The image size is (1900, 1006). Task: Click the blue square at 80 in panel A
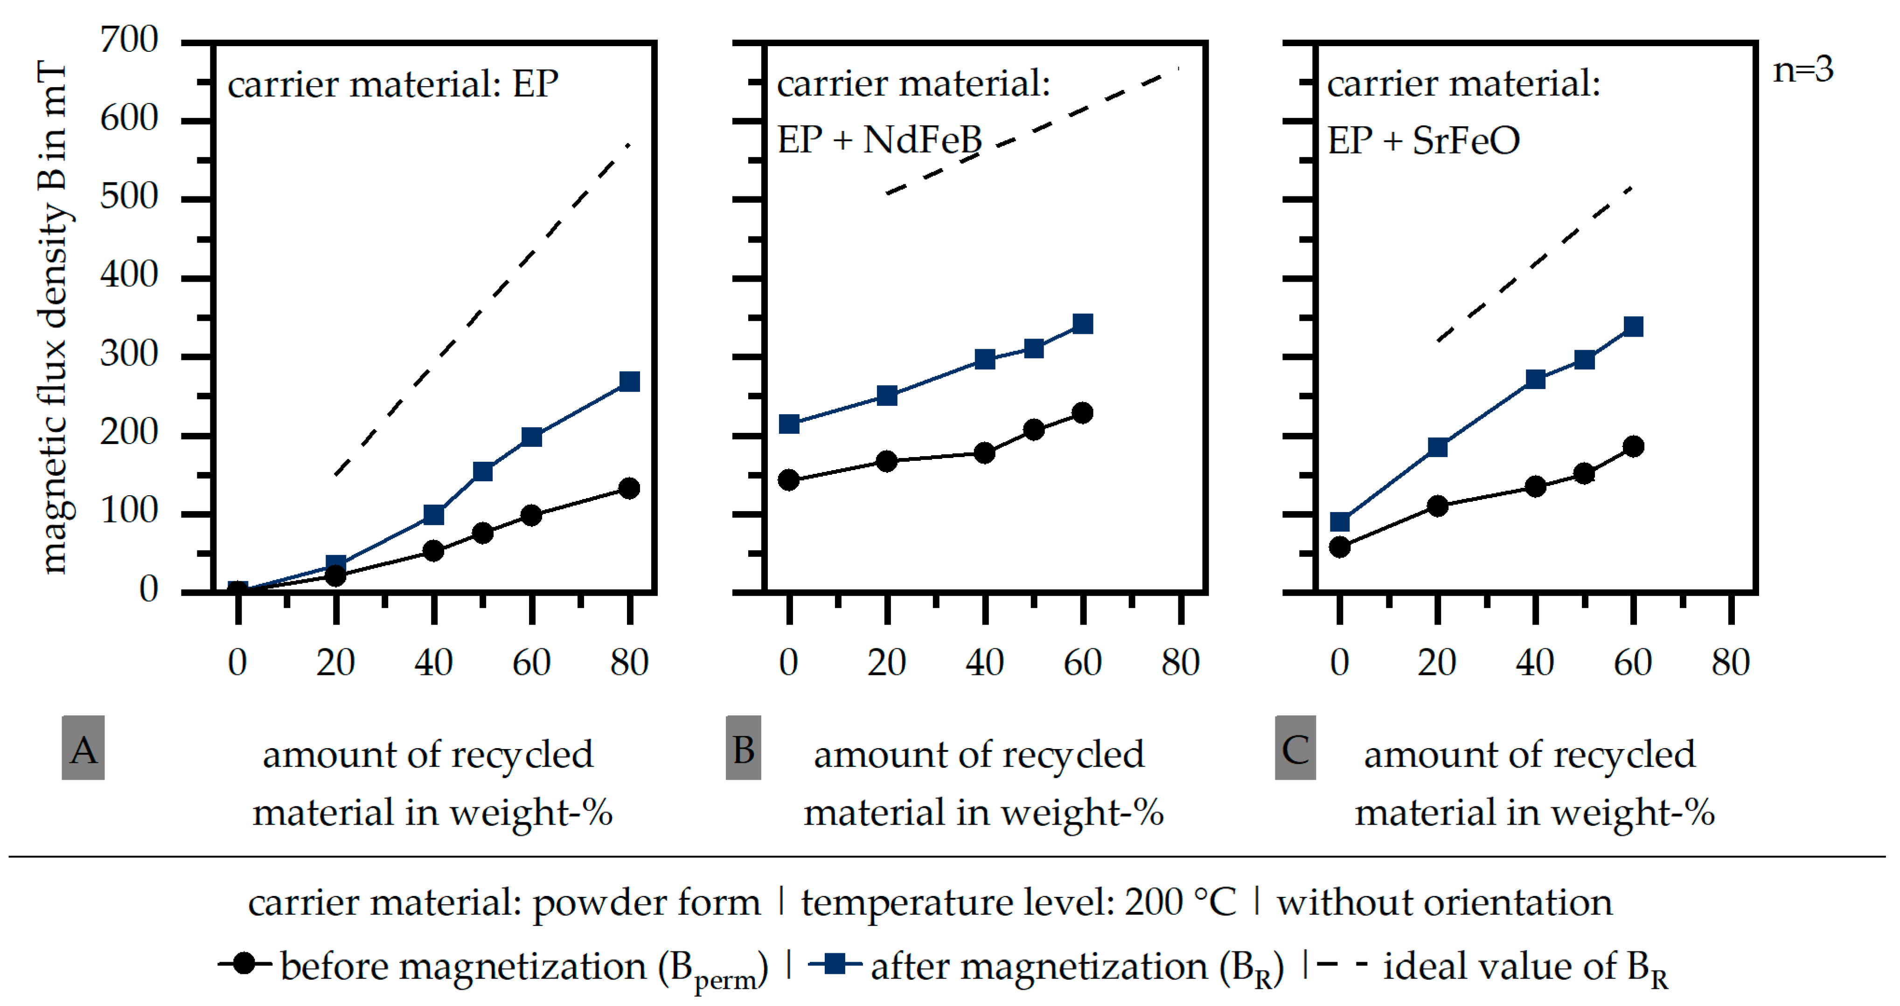click(x=629, y=382)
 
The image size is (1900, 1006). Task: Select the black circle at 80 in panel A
click(x=629, y=488)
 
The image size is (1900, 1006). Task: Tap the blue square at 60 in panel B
click(x=1082, y=324)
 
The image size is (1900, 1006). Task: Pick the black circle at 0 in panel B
click(x=788, y=480)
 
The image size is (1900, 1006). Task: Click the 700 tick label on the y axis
click(x=129, y=40)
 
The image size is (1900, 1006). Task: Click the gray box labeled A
click(x=83, y=748)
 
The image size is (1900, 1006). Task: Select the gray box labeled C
click(x=1295, y=748)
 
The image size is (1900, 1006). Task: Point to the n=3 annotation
click(x=1802, y=70)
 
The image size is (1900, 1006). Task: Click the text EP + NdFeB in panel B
click(x=879, y=139)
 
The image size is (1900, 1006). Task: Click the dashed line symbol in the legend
click(x=1341, y=964)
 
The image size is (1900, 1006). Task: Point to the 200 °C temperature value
click(x=1180, y=903)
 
